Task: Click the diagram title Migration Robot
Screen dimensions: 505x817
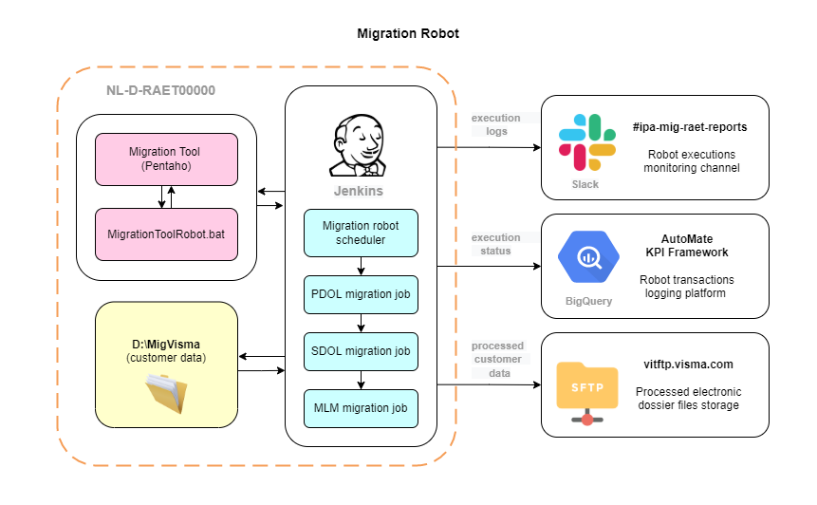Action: (408, 33)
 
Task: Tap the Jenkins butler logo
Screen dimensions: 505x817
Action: (360, 147)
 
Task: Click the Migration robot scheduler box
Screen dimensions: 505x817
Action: (361, 233)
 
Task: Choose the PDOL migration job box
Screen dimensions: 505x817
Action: (361, 294)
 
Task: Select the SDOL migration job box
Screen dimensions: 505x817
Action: (361, 351)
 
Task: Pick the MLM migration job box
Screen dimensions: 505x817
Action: (361, 408)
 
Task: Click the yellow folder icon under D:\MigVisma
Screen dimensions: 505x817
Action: (166, 393)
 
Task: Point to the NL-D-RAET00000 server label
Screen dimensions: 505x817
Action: (161, 91)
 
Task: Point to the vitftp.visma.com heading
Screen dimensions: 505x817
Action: (688, 365)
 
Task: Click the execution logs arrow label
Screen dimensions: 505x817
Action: (496, 124)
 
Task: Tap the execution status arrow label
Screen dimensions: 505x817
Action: (496, 244)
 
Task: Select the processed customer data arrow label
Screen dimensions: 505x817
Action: (496, 360)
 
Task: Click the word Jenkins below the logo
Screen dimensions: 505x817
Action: (359, 191)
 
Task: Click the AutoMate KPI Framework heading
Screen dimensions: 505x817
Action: (688, 246)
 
